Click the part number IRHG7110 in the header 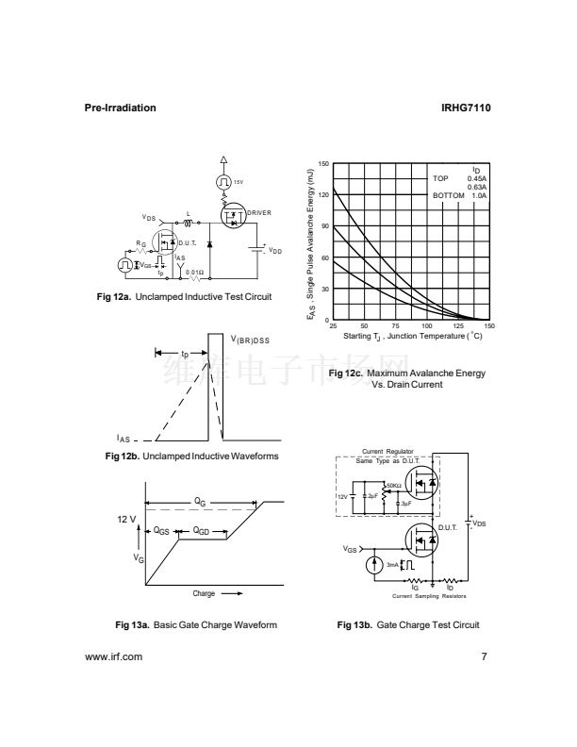465,108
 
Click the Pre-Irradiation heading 121,108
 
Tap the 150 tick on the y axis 323,164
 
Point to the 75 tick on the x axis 395,326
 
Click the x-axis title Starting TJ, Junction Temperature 412,336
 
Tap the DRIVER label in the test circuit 259,213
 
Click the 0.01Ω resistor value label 194,273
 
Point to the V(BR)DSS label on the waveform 251,339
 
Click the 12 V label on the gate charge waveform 126,520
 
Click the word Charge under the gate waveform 205,593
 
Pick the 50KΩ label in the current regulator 394,485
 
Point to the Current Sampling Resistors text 429,597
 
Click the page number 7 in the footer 484,656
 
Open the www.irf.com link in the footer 113,656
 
